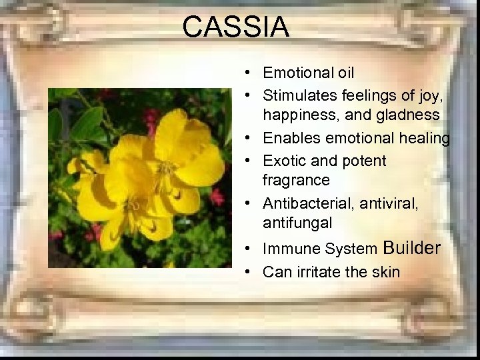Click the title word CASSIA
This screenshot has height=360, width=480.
[x=235, y=27]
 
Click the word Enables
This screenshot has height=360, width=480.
[x=290, y=138]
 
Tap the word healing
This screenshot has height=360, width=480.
[x=425, y=138]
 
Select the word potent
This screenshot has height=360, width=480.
[x=363, y=161]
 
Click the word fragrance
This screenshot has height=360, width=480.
[x=296, y=180]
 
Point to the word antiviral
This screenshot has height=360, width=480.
[x=389, y=203]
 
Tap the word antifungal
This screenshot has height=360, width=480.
[x=297, y=222]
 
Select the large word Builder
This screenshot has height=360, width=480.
[x=412, y=248]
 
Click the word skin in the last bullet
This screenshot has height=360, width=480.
[x=387, y=272]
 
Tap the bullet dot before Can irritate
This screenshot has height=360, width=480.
[x=247, y=273]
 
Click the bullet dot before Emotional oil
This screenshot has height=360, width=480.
[x=247, y=73]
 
